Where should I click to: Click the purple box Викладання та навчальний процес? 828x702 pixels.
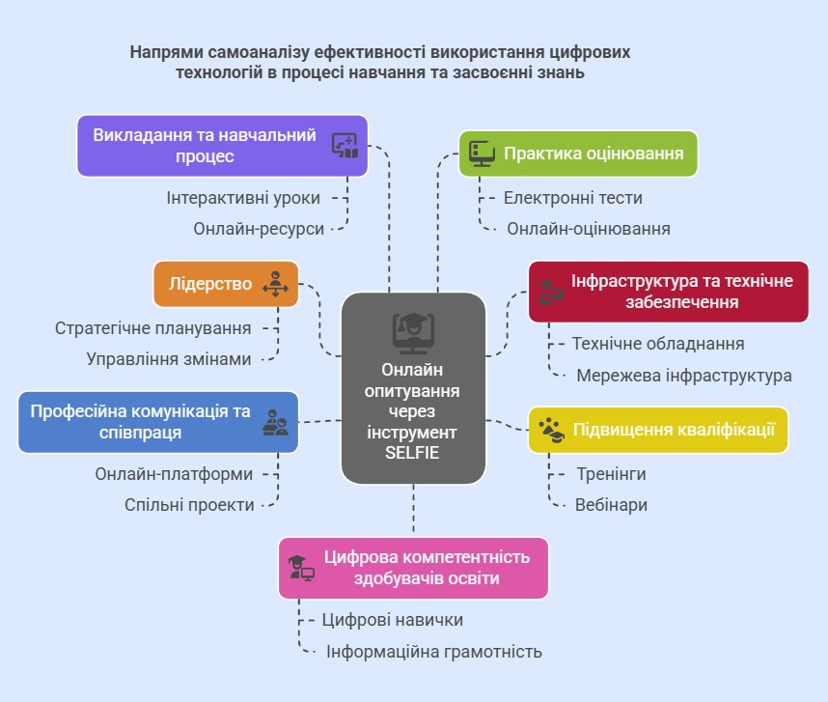(222, 146)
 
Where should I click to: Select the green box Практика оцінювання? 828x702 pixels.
(577, 154)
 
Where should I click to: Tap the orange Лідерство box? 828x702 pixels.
(226, 285)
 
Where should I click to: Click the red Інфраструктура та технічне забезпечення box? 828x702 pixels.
(668, 292)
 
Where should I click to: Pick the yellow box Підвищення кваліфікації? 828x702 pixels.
(658, 430)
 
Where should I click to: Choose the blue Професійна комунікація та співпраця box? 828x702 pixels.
(156, 422)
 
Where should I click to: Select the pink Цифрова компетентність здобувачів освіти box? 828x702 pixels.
(413, 569)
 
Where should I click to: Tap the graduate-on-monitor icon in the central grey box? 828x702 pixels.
(412, 331)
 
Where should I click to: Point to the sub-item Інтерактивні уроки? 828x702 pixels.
(243, 197)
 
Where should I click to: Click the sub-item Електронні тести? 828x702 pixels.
(573, 198)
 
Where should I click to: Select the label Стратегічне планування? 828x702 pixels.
(153, 328)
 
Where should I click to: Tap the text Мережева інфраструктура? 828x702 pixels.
(684, 376)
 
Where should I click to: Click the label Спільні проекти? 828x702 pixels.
(189, 505)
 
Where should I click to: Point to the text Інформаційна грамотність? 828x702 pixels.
(434, 652)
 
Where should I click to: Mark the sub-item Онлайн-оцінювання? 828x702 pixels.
(589, 229)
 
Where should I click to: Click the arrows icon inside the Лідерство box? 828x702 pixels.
(275, 285)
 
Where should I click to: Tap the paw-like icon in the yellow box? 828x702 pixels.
(552, 430)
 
